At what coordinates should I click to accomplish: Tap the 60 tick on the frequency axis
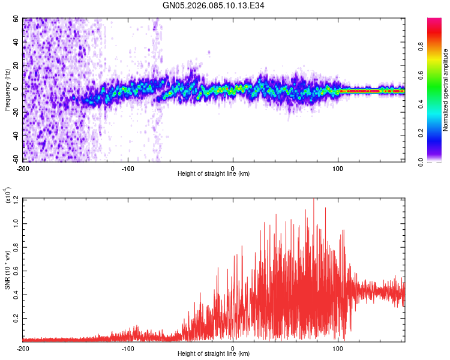point(16,19)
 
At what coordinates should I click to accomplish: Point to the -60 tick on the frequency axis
point(15,160)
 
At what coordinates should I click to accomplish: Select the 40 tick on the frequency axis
point(16,42)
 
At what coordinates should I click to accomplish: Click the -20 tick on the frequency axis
point(15,113)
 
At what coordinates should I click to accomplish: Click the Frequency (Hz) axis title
point(7,90)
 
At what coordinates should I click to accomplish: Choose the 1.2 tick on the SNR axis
point(16,199)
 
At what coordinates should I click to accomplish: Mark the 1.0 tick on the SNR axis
point(16,223)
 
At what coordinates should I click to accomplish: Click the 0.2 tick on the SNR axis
point(16,317)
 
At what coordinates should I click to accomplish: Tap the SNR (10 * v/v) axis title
point(7,270)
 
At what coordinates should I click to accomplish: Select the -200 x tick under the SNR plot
point(23,349)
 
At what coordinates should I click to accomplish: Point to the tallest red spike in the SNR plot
point(314,200)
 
